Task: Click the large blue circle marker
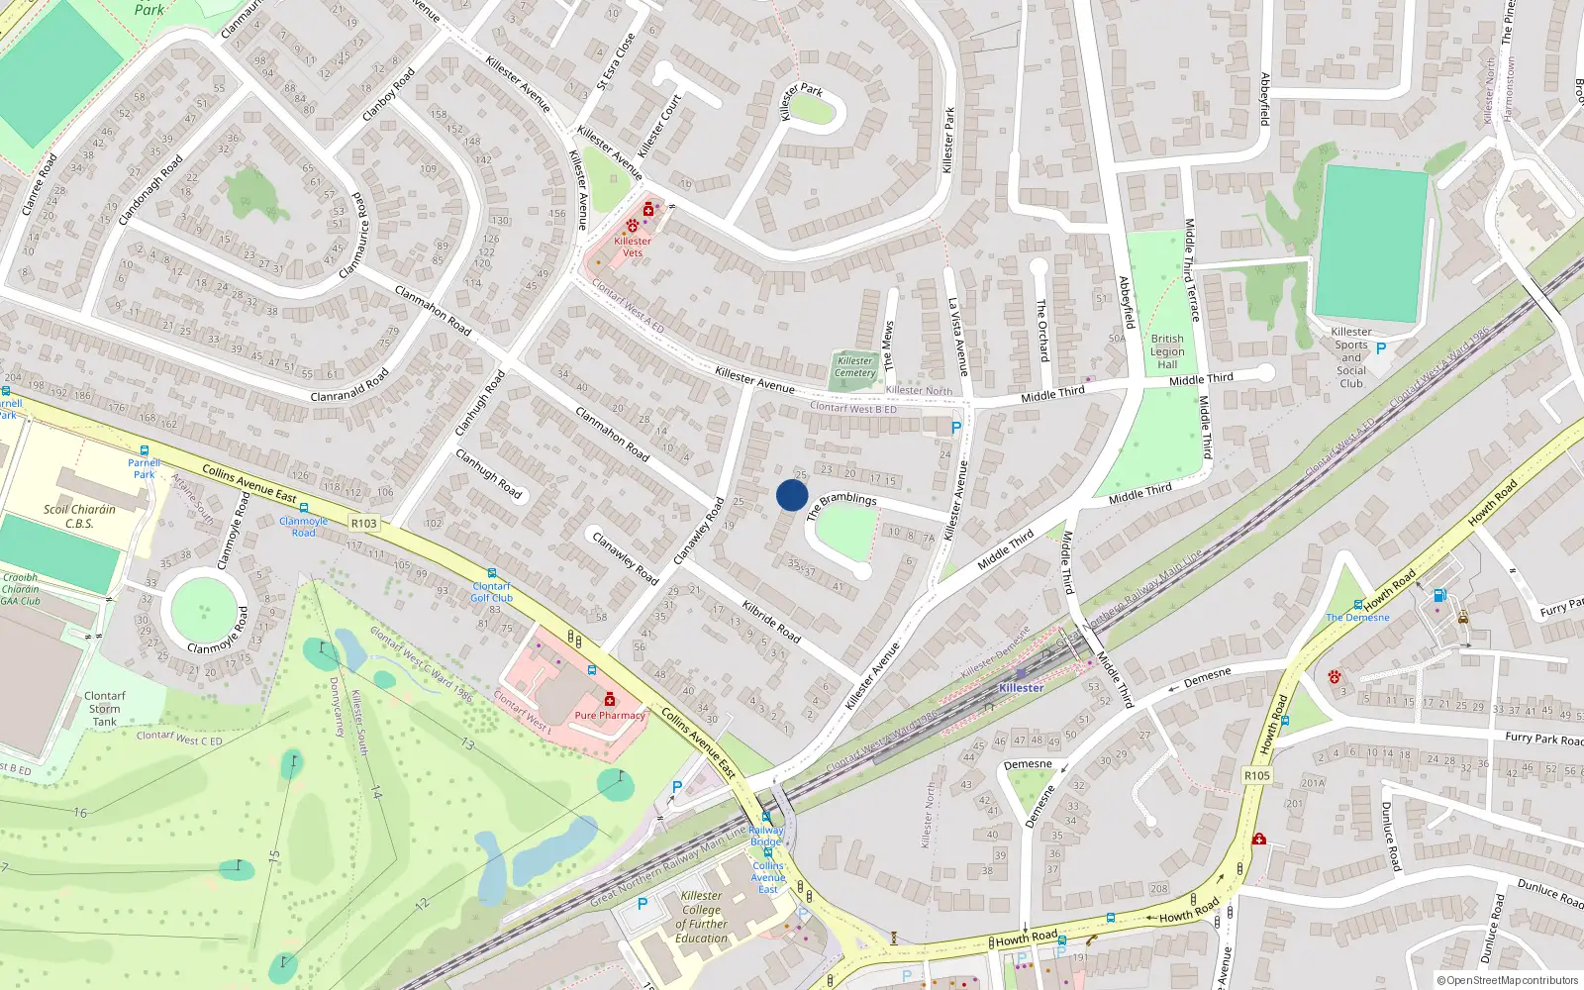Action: [792, 495]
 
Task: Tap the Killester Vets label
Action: [633, 247]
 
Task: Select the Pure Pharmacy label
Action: [610, 715]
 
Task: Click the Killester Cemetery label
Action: [855, 366]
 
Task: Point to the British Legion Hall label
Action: [1167, 351]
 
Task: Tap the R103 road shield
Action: [364, 523]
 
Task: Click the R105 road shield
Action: [1256, 775]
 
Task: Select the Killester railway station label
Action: [1021, 687]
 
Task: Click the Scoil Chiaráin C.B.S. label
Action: [79, 516]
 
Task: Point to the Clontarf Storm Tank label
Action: [105, 709]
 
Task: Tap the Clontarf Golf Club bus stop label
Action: [491, 592]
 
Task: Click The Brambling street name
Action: [841, 504]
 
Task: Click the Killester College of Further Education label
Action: [702, 917]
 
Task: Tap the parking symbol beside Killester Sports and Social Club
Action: [1381, 348]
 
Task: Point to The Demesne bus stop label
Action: [1357, 617]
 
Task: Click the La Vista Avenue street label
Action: [957, 337]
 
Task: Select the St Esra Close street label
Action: [616, 61]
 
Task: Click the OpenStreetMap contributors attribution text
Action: [1513, 980]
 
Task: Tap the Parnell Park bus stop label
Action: [145, 468]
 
